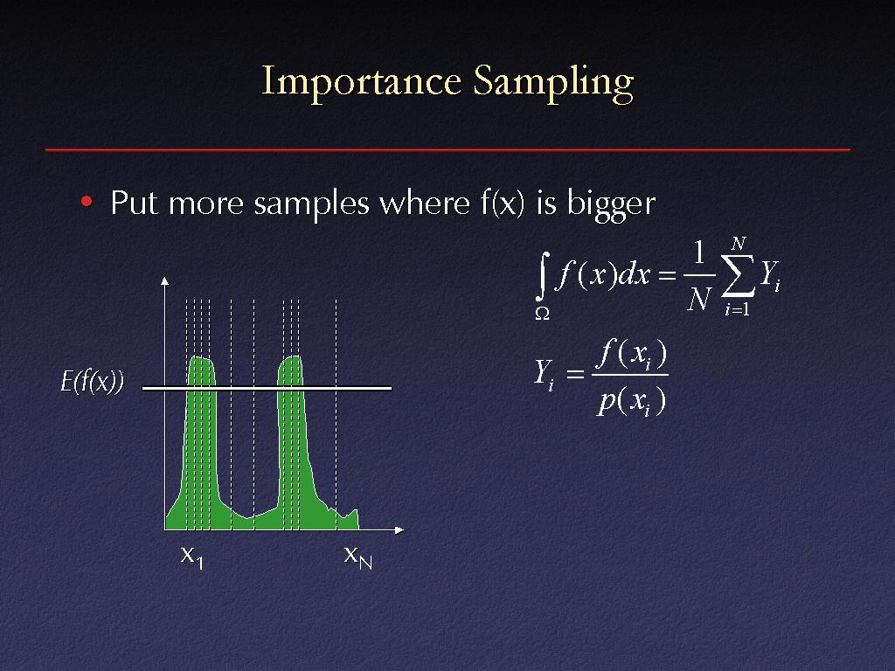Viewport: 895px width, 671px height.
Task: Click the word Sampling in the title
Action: (553, 83)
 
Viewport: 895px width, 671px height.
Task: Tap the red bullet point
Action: (87, 202)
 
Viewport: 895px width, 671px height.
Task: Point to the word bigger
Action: (611, 204)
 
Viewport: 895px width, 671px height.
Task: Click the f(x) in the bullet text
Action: (502, 203)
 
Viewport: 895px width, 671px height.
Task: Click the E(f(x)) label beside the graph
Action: (93, 381)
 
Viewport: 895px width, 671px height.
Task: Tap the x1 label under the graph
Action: (191, 557)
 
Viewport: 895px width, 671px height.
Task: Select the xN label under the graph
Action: (357, 557)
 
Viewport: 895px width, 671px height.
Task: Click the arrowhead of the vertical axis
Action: (165, 280)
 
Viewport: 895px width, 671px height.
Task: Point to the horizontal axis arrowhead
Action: (399, 530)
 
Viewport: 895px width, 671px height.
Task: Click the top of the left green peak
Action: (199, 357)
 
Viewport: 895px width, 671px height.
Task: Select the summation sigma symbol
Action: (738, 277)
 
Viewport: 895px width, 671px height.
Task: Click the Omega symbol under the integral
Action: (542, 313)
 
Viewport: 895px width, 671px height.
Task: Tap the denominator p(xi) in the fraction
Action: (631, 402)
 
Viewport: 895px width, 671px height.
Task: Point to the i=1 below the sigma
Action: (738, 309)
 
